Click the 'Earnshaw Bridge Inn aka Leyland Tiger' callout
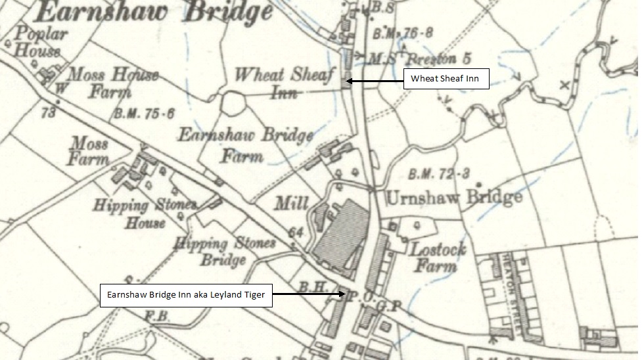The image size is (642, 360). point(186,295)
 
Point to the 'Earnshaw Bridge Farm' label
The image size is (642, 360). point(245,145)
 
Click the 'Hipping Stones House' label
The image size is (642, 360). point(144,214)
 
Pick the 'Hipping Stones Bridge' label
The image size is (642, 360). point(223,250)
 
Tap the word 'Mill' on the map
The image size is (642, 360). point(291,204)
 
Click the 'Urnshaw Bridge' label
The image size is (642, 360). point(453,196)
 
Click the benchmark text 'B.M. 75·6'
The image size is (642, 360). point(145,113)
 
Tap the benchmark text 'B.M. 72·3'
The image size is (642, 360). point(438,174)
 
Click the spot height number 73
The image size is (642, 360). point(47,113)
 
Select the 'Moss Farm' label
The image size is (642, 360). point(89,150)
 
